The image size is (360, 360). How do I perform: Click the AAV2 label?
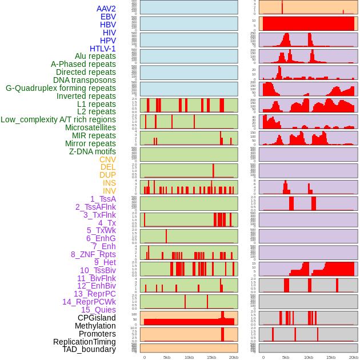[x=106, y=9]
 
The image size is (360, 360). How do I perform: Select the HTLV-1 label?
[x=103, y=49]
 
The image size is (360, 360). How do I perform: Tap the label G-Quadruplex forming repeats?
[x=61, y=88]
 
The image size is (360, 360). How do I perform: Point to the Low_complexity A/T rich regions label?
[x=58, y=119]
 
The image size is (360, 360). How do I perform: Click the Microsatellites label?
[x=90, y=127]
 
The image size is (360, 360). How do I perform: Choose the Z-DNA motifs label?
[x=93, y=151]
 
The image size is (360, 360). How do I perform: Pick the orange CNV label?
[x=107, y=159]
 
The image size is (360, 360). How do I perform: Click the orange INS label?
[x=109, y=183]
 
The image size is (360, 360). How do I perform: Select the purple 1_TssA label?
[x=103, y=199]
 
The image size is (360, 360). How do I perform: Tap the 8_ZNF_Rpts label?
[x=93, y=254]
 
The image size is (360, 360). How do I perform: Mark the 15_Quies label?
[x=98, y=310]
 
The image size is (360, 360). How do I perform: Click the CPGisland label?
[x=97, y=318]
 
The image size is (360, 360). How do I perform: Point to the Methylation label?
[x=95, y=326]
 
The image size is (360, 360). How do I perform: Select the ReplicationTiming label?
[x=85, y=342]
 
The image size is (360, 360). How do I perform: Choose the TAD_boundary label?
[x=89, y=349]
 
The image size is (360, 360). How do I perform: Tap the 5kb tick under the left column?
[x=167, y=357]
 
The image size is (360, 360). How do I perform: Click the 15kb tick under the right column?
[x=330, y=357]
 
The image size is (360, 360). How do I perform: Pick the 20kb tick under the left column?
[x=234, y=357]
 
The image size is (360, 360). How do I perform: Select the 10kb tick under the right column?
[x=308, y=357]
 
